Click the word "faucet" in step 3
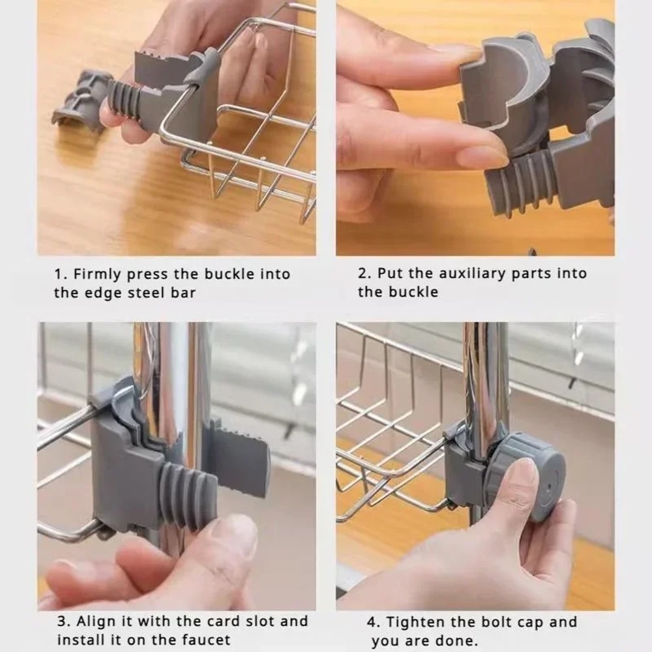(x=210, y=640)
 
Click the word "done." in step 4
(x=456, y=641)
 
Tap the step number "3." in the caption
(x=65, y=621)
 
